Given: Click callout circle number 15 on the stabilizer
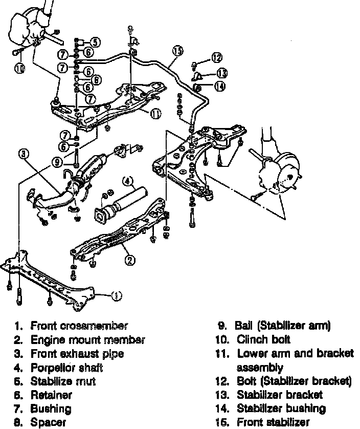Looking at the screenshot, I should (x=177, y=51).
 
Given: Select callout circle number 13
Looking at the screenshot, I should (x=221, y=73).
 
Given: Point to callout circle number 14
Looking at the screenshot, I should (x=219, y=87).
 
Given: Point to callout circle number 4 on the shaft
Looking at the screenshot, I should (x=128, y=180).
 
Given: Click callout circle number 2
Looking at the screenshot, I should (x=130, y=260).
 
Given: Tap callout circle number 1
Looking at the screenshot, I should (x=117, y=295).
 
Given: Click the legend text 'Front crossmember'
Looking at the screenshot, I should (x=79, y=326).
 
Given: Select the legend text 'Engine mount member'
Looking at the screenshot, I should (x=88, y=339).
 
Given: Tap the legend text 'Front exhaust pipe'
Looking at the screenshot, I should (x=77, y=354).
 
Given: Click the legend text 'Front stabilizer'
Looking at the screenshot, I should (x=274, y=422).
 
